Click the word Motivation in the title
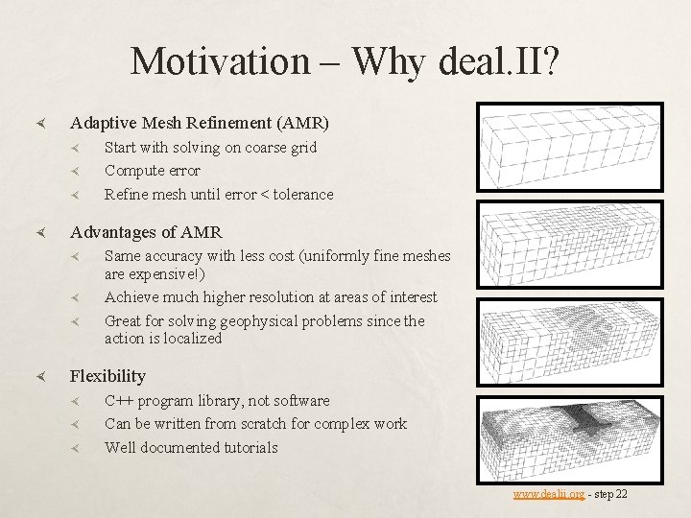click(x=220, y=61)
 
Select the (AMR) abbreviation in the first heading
click(x=302, y=123)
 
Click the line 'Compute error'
click(x=152, y=171)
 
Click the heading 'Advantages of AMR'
click(x=146, y=232)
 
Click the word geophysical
click(x=262, y=321)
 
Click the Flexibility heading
click(x=107, y=376)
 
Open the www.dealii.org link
click(x=548, y=494)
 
